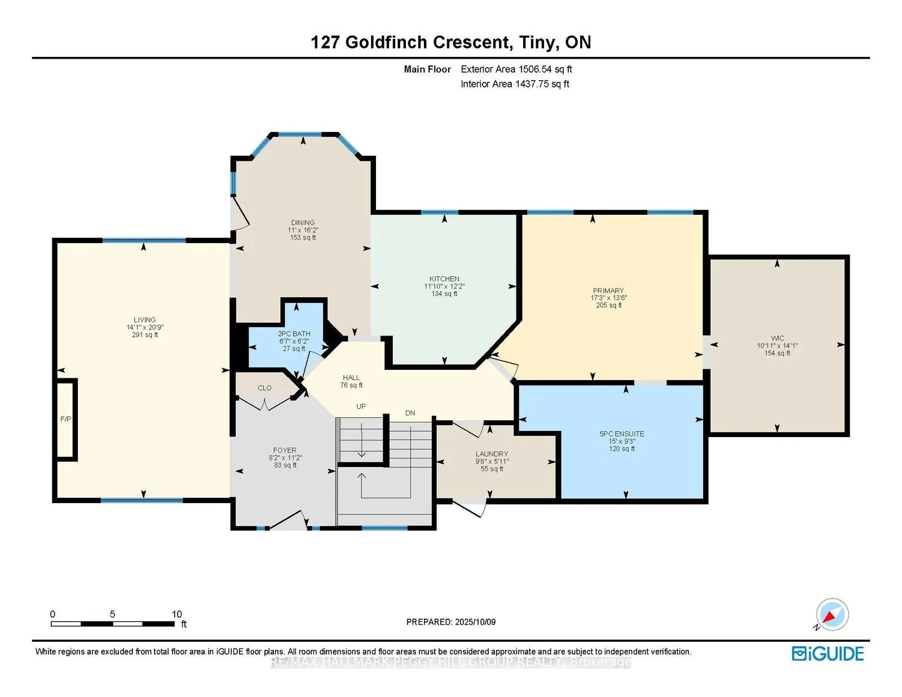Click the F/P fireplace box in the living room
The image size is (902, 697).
[x=66, y=419]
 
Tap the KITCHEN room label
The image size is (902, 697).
[x=444, y=279]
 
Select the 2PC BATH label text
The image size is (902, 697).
[x=294, y=334]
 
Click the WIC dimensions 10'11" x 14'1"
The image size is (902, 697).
[x=777, y=346]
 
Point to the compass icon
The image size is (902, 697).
[x=832, y=615]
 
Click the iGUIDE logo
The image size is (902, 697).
[x=828, y=654]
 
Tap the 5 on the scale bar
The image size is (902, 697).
[x=112, y=614]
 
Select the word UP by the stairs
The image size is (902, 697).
[x=361, y=406]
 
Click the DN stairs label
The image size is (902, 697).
[x=410, y=413]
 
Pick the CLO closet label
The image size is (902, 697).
[x=264, y=388]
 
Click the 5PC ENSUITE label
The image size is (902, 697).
[x=622, y=434]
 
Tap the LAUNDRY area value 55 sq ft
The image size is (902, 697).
[x=492, y=469]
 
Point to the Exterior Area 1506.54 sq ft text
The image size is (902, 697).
[x=516, y=69]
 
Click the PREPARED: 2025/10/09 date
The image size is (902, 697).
[x=451, y=622]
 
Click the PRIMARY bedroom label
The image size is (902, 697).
[x=608, y=290]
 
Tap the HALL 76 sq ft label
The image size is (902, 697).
[x=351, y=381]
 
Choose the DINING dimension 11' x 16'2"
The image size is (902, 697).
[x=303, y=230]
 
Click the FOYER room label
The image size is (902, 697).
[x=285, y=450]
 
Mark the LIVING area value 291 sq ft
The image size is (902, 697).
[x=145, y=334]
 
